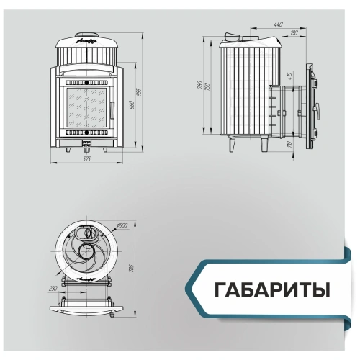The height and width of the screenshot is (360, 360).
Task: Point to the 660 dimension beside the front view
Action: pyautogui.click(x=132, y=106)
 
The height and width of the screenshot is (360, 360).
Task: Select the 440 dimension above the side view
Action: pyautogui.click(x=278, y=24)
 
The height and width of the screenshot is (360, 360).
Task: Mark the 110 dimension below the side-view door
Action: pyautogui.click(x=288, y=144)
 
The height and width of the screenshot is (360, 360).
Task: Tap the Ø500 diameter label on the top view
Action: pyautogui.click(x=122, y=226)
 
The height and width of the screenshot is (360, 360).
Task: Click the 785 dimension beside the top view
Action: pyautogui.click(x=131, y=268)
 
